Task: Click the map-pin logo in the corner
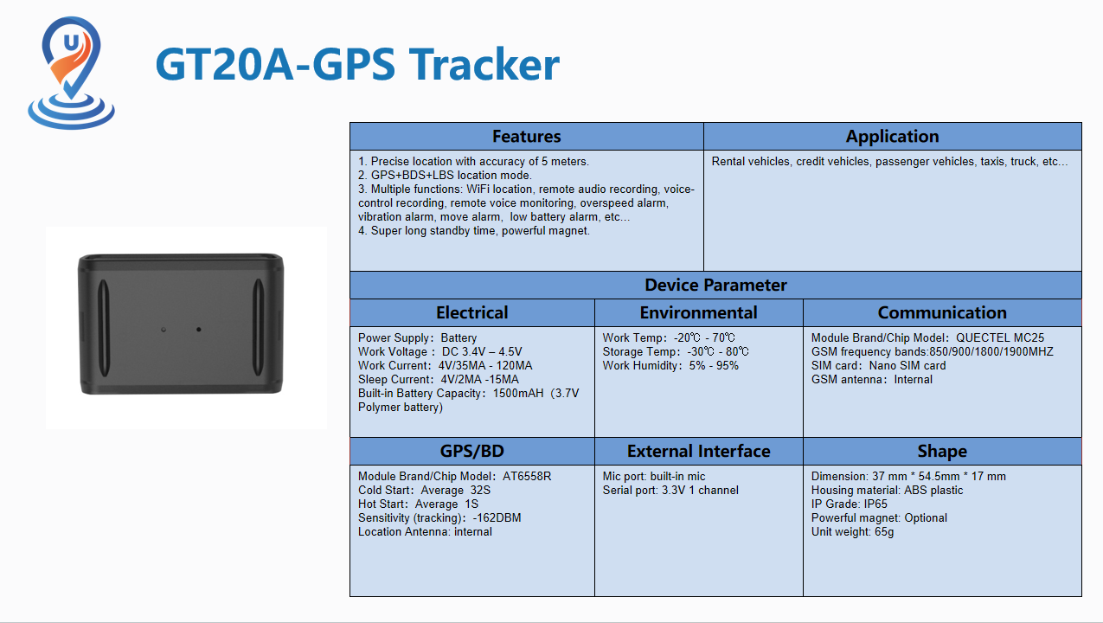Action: (72, 73)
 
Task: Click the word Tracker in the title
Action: (484, 64)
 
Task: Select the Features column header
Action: (526, 137)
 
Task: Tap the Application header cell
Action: (892, 137)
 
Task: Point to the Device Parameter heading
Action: (715, 286)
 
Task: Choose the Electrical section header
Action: (471, 312)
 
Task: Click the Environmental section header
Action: (698, 312)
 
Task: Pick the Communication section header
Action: (942, 312)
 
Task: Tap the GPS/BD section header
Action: (471, 451)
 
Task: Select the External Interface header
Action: (698, 451)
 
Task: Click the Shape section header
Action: (942, 451)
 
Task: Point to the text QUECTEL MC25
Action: (1000, 337)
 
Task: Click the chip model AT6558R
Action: (527, 476)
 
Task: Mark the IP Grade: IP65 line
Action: (849, 504)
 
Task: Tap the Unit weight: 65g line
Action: (852, 532)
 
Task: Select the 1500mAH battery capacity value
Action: (518, 393)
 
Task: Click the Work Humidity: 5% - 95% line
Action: (670, 365)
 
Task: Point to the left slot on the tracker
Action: (104, 329)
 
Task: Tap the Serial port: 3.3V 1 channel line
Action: (670, 490)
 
